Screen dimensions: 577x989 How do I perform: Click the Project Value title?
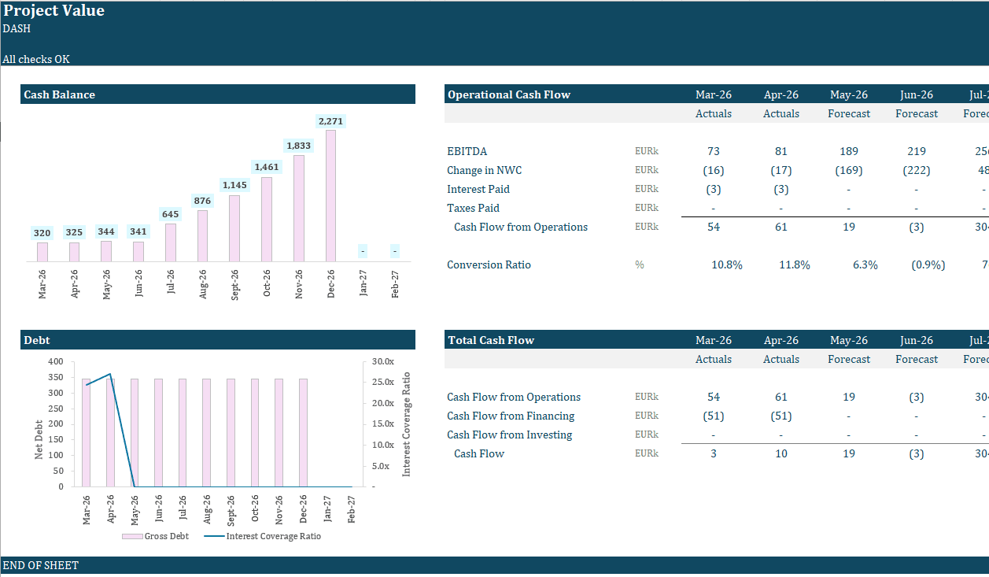(x=54, y=11)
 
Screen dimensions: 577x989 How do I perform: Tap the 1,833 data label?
(x=298, y=146)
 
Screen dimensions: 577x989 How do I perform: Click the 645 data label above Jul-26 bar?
(x=170, y=214)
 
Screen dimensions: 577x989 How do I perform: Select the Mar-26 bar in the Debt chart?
(x=87, y=432)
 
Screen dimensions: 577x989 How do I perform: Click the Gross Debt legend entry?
(x=155, y=536)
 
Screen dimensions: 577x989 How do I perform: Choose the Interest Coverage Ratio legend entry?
(x=263, y=536)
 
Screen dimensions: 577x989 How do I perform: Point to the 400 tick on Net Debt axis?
(x=56, y=361)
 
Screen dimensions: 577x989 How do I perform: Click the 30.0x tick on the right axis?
(x=382, y=361)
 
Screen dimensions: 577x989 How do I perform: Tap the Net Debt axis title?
(x=39, y=438)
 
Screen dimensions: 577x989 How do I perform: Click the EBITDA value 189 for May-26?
(x=849, y=151)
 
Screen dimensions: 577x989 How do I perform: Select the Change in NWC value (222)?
(x=917, y=170)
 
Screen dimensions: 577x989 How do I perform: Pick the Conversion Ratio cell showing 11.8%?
(x=795, y=264)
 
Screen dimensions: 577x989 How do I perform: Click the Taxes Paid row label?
(x=473, y=208)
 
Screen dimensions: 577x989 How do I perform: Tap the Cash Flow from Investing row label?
(x=509, y=435)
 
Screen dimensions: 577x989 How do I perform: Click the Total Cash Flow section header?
(x=491, y=340)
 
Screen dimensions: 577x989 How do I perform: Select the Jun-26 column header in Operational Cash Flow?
(x=917, y=94)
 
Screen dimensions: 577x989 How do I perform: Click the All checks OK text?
(x=36, y=59)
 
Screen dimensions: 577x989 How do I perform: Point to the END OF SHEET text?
(x=41, y=565)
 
